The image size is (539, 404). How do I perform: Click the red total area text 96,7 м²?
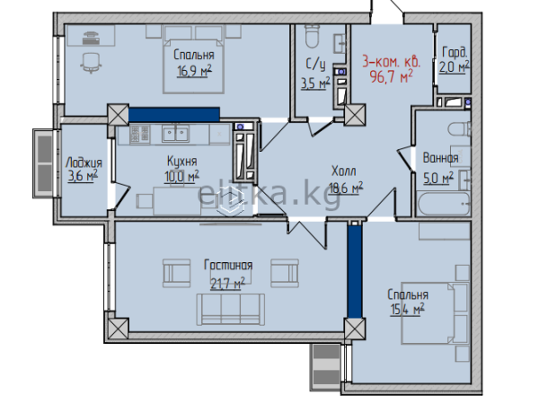click(x=391, y=77)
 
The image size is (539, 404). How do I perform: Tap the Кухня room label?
click(x=181, y=161)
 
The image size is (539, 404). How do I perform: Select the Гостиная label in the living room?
click(x=228, y=265)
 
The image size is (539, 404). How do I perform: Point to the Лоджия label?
click(x=84, y=162)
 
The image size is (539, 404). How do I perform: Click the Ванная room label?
click(x=440, y=158)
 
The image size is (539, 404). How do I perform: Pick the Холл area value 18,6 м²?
click(x=346, y=188)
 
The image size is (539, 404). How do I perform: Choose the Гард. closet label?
click(x=455, y=53)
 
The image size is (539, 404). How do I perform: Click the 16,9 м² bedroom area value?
click(x=194, y=71)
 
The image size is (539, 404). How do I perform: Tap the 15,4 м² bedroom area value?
click(x=407, y=309)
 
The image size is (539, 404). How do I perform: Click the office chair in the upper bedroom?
click(x=92, y=63)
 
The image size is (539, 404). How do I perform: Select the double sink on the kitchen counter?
click(x=176, y=133)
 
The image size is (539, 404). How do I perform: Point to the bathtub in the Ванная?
click(x=444, y=205)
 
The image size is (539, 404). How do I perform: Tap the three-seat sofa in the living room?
click(x=231, y=309)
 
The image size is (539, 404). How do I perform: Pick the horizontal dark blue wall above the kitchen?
click(x=174, y=114)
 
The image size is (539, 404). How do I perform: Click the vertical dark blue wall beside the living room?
click(x=355, y=271)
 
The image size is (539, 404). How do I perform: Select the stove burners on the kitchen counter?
click(x=140, y=134)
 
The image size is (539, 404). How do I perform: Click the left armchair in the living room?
click(x=176, y=273)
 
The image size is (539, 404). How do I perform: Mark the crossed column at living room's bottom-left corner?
click(x=119, y=329)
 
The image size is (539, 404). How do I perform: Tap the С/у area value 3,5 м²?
click(x=315, y=83)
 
